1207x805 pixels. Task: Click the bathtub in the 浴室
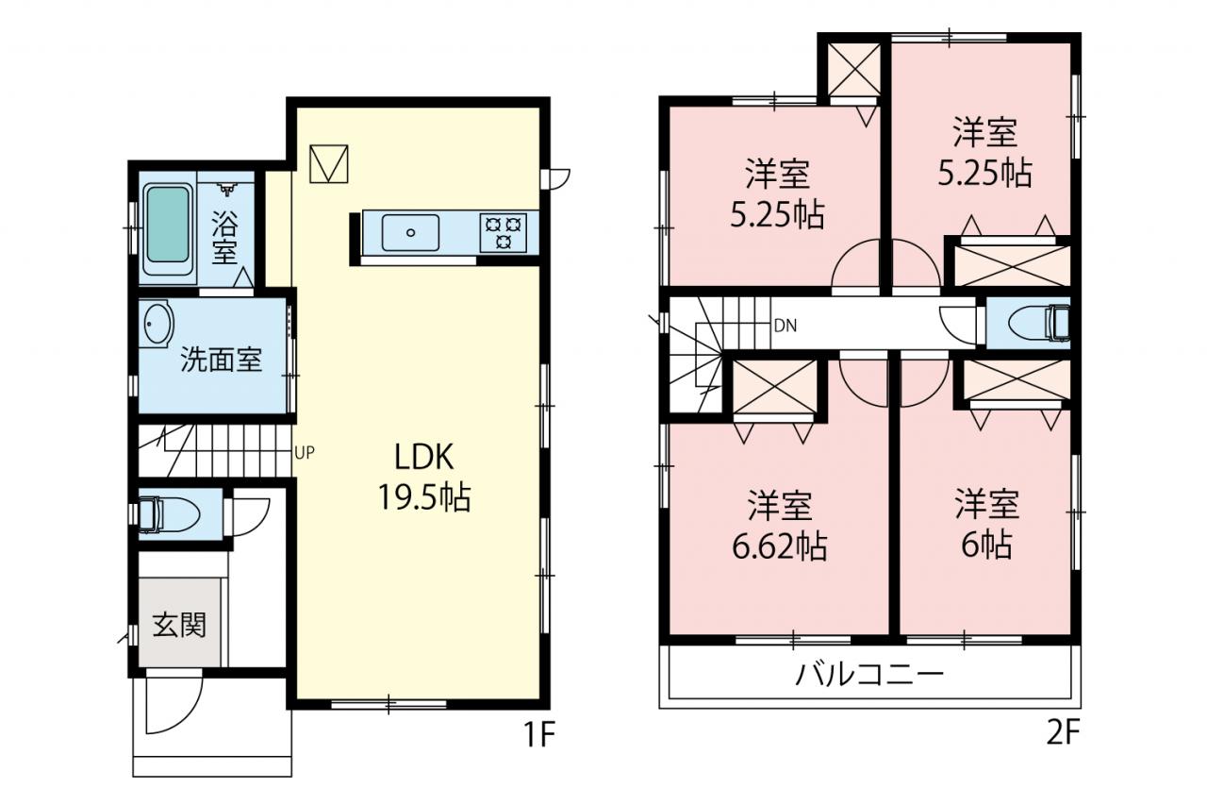point(168,229)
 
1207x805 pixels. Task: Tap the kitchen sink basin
point(410,232)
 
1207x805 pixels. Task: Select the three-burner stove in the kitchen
point(504,232)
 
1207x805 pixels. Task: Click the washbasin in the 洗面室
point(157,325)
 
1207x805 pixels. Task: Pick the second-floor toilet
point(1038,323)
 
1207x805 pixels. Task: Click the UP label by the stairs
point(305,452)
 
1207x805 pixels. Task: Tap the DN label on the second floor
point(785,326)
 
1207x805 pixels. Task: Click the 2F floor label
point(1063,733)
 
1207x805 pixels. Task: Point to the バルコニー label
point(869,675)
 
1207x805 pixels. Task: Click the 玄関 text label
point(179,626)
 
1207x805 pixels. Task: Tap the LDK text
point(424,457)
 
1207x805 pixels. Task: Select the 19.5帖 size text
point(424,497)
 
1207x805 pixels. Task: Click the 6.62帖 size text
point(779,546)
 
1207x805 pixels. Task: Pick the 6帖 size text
point(986,545)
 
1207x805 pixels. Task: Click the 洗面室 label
point(221,360)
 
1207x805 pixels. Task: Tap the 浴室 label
point(224,237)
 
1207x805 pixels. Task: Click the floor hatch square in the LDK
point(329,163)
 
